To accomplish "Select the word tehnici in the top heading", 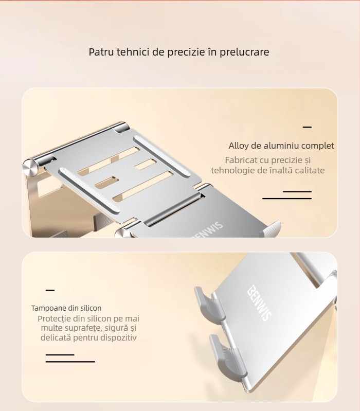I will point(132,52).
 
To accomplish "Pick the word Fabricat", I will point(243,160).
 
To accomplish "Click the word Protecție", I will point(57,319).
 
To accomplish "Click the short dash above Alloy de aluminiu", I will point(307,127).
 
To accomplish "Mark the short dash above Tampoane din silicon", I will point(50,291).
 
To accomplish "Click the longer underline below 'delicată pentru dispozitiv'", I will point(70,362).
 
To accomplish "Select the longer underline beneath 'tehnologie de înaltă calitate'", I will point(287,198).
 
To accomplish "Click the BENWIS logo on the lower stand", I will point(259,303).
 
